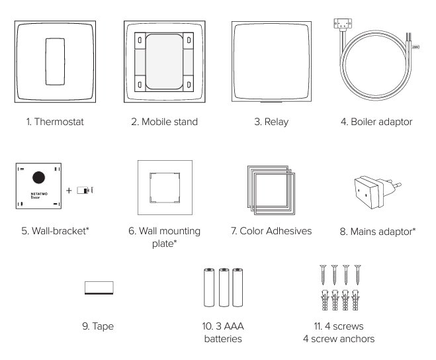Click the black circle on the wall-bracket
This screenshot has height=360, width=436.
[x=38, y=177]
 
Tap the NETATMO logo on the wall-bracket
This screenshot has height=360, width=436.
[x=39, y=194]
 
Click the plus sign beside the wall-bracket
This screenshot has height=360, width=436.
[x=69, y=191]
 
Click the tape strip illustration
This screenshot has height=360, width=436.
[x=99, y=288]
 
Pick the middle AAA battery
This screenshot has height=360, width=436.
[x=224, y=287]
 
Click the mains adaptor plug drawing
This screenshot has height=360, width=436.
[x=377, y=192]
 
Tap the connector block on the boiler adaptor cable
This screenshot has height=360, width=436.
[x=343, y=23]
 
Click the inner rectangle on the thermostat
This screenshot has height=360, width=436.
[x=55, y=62]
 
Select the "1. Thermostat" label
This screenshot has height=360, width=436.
[x=55, y=122]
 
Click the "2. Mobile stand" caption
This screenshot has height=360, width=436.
[x=164, y=122]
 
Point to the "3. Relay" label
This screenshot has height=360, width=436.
[x=271, y=122]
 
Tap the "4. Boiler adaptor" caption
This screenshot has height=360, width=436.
[x=376, y=122]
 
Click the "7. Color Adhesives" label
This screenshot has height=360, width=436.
[x=271, y=231]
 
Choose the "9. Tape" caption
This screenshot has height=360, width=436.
[x=98, y=326]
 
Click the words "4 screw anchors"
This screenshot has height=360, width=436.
[x=339, y=339]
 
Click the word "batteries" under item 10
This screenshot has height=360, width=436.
[x=223, y=339]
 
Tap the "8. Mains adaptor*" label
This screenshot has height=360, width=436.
[x=378, y=232]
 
